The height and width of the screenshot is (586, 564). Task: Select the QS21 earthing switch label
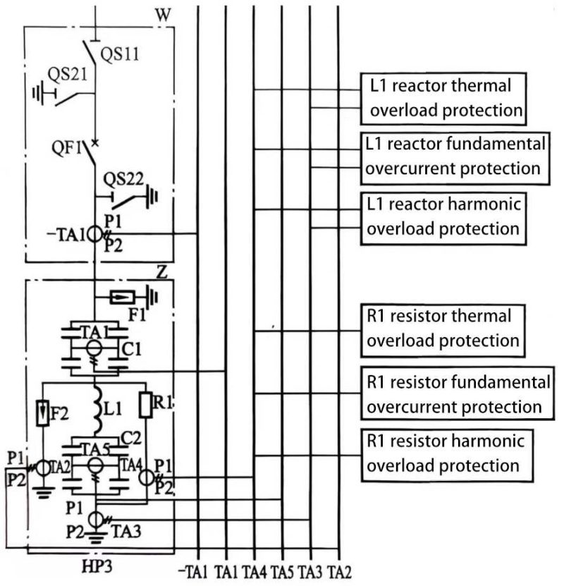68,75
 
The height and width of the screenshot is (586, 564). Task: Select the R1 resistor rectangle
146,405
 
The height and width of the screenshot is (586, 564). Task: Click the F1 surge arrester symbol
122,297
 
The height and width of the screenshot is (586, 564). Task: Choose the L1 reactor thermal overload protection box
444,97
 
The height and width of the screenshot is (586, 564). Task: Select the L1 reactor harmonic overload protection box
444,216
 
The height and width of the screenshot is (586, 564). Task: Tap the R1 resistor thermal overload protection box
444,328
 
